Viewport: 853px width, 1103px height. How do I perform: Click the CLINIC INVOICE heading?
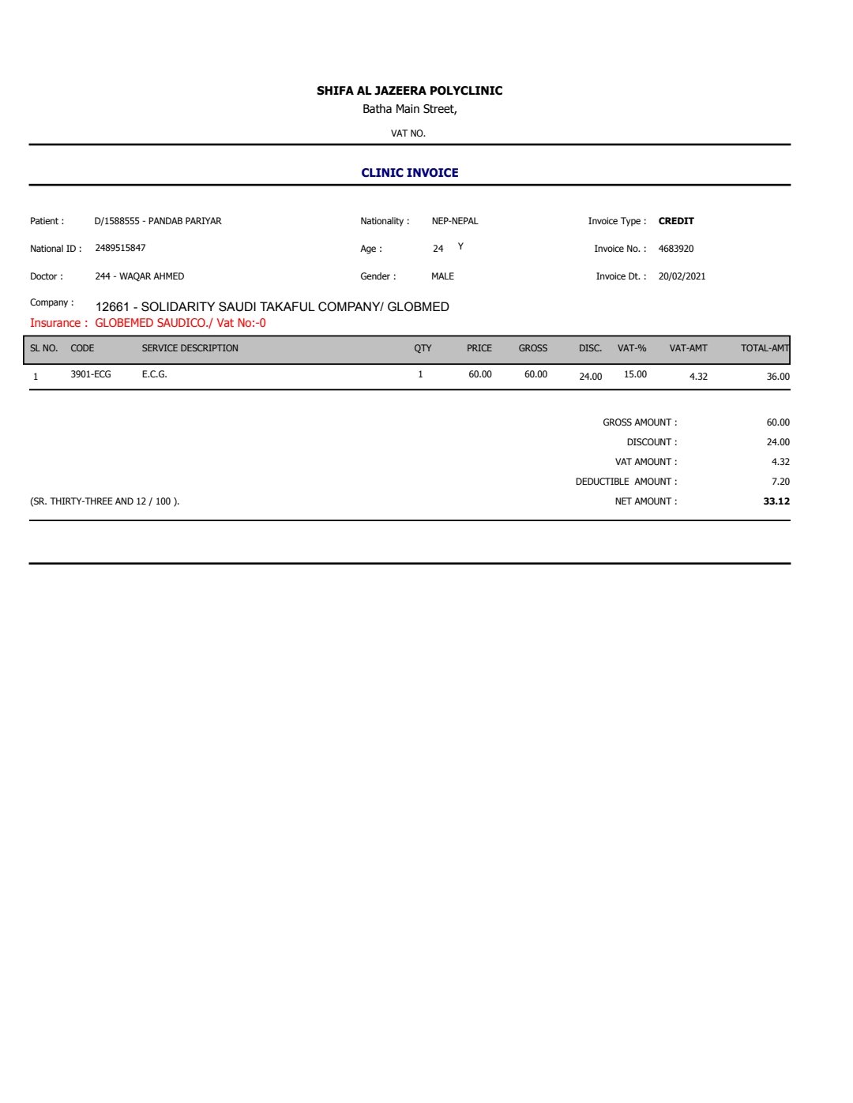click(409, 173)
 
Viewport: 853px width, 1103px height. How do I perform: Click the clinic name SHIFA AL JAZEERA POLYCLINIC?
click(409, 91)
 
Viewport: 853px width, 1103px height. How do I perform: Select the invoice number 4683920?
click(675, 249)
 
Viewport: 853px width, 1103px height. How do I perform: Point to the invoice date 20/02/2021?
click(682, 276)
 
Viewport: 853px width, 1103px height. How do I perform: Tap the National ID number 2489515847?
click(120, 248)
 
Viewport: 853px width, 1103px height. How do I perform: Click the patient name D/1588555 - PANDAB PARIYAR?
click(158, 221)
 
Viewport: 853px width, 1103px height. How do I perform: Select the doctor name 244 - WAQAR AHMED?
click(139, 276)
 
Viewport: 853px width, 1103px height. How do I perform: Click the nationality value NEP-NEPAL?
click(454, 221)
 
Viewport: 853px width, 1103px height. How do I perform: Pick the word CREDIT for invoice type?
click(676, 221)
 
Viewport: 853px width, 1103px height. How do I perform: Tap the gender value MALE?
click(442, 276)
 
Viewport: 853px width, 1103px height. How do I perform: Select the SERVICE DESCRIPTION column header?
click(190, 348)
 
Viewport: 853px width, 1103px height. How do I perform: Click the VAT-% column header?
click(632, 348)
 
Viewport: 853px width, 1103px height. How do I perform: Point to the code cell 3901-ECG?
click(91, 374)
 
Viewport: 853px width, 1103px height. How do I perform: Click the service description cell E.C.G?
click(154, 374)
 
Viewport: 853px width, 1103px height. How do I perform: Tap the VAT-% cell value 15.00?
click(635, 374)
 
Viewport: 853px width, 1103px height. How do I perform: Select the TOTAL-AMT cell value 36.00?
click(777, 377)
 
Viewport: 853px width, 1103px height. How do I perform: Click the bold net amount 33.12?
click(776, 501)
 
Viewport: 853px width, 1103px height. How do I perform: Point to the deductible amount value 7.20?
click(780, 482)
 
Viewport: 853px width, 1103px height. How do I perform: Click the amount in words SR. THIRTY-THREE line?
click(104, 501)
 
